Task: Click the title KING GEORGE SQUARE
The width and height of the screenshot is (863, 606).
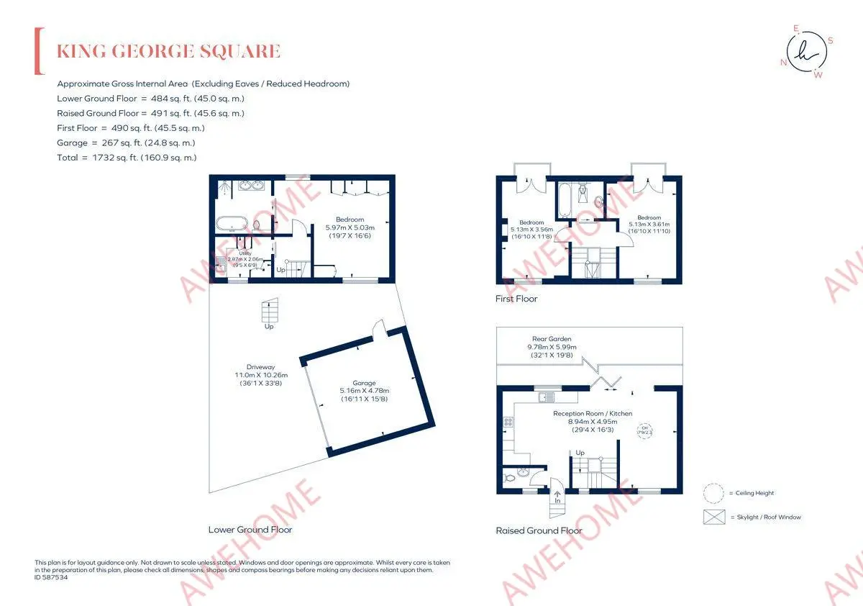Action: pos(168,52)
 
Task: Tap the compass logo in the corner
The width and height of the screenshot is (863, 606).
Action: pos(807,52)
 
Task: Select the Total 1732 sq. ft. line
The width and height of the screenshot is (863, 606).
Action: pos(127,157)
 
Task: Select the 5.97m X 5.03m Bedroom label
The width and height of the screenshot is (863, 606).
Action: pos(350,227)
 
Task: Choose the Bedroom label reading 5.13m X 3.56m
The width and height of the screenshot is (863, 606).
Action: pos(532,229)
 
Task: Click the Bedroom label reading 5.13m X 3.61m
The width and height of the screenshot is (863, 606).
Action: pos(649,225)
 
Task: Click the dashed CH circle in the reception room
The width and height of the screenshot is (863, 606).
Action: pos(644,430)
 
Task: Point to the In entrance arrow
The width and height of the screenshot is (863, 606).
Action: pos(557,497)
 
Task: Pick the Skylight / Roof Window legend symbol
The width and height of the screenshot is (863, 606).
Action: pos(714,517)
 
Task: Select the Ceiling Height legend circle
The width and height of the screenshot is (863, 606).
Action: pos(714,493)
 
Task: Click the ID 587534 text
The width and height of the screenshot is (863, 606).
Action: pos(51,577)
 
